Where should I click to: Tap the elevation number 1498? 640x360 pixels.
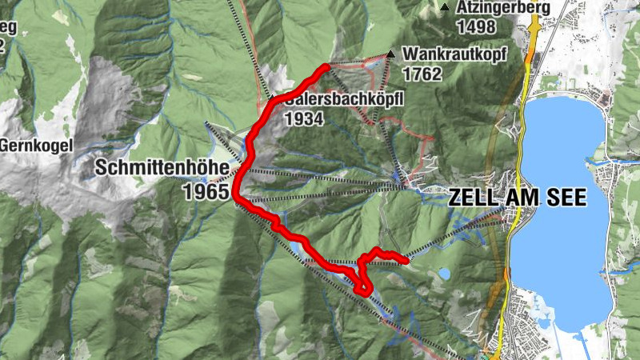476,26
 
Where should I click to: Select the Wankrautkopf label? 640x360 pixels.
445,54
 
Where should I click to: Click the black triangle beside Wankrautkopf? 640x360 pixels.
390,54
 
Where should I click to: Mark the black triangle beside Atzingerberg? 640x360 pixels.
445,8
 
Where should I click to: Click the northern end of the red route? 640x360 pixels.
326,66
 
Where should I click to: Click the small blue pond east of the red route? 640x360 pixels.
443,274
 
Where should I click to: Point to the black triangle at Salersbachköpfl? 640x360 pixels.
271,98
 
